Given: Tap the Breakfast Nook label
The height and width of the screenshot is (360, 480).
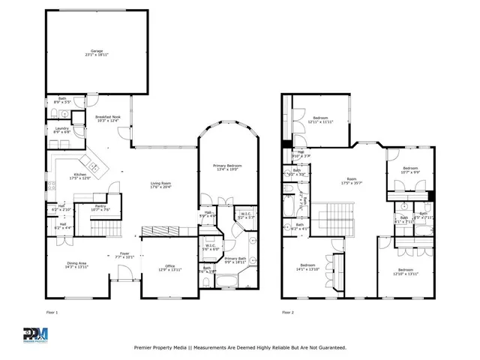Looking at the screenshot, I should pos(108,119).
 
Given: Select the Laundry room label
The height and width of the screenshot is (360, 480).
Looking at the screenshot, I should pos(61,130).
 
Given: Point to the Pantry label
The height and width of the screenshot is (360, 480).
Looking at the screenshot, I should pos(100,208).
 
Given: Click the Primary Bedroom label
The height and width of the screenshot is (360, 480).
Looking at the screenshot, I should pos(226,167).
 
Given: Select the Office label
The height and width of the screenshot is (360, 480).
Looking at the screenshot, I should pos(170,268).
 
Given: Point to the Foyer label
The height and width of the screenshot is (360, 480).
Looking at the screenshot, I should pos(124,255).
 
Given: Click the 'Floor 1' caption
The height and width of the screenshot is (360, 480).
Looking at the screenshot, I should pos(52,312).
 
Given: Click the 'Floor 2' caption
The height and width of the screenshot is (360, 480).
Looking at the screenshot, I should pos(288,312).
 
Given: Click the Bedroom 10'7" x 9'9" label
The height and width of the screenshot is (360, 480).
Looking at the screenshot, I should pos(409,169).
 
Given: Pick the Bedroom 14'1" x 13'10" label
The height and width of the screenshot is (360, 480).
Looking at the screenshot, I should pos(308,267).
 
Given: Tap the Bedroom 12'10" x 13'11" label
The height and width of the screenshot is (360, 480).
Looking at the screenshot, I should pos(405,271).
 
